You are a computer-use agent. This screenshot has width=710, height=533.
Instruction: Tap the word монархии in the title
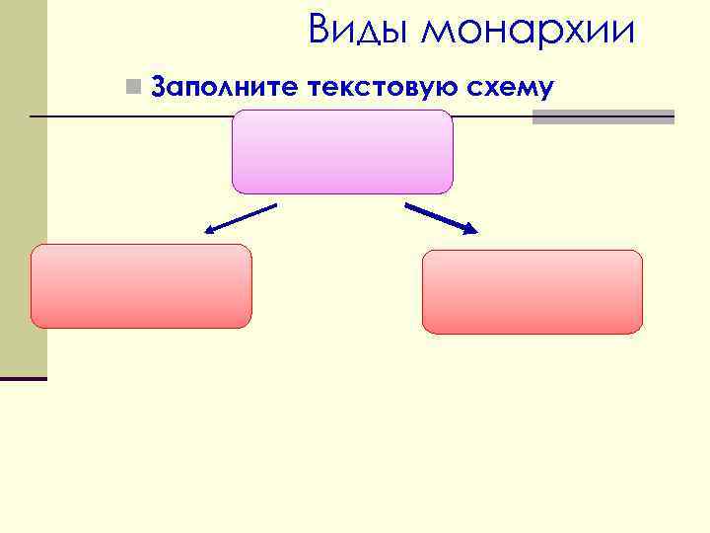(528, 31)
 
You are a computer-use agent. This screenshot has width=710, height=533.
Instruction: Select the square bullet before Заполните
(134, 88)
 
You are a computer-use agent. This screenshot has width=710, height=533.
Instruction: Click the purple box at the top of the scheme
(342, 151)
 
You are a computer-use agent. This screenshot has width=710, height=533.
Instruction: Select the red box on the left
(141, 286)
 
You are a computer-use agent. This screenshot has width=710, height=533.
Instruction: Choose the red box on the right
(532, 291)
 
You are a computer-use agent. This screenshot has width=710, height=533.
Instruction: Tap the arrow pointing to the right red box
(440, 218)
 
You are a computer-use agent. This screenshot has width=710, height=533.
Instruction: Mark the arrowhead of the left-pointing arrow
(210, 232)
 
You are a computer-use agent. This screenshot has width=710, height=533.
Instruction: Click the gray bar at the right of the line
(603, 116)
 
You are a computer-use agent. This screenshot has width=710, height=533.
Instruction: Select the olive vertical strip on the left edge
(23, 188)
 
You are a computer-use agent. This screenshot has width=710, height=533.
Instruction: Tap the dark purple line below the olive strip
(23, 378)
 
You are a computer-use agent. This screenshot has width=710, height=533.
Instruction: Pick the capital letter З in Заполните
(162, 89)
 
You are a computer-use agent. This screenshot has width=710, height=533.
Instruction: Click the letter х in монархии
(580, 33)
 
